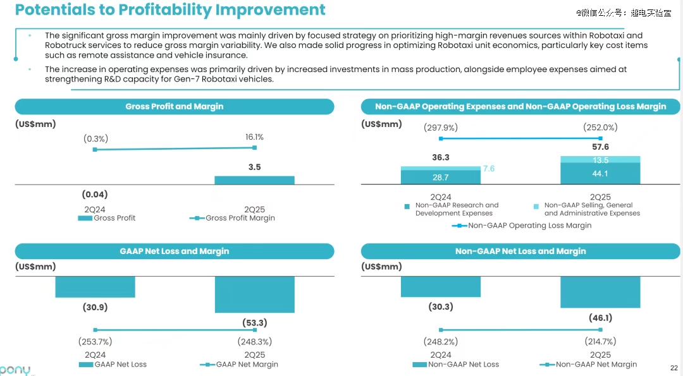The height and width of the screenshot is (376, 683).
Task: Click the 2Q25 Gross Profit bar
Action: pos(254,180)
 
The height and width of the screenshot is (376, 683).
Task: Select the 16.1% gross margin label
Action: pos(254,136)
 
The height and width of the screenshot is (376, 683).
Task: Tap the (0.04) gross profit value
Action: pos(95,195)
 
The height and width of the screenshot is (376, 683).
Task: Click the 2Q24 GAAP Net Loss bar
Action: pos(95,287)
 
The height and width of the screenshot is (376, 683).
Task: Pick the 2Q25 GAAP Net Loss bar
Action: pos(254,294)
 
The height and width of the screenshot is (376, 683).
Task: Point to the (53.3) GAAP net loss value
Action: pos(254,323)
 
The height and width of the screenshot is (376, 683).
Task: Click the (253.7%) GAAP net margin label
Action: pos(95,342)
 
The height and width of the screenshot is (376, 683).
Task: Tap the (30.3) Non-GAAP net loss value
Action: pos(441,307)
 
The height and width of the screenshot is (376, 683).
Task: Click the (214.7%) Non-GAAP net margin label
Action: pos(600,342)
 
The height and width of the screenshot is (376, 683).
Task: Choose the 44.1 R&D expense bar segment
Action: pos(600,174)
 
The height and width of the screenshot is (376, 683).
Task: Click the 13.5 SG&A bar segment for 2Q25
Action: pos(600,160)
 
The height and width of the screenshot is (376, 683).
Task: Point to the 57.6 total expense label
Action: pos(600,147)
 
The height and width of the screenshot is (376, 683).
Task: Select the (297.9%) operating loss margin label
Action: pos(441,128)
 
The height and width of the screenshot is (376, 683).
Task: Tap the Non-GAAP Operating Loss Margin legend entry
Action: pos(522,226)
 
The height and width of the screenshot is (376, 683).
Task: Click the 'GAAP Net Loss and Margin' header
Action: pos(175,252)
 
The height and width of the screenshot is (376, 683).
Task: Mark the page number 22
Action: pos(674,368)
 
